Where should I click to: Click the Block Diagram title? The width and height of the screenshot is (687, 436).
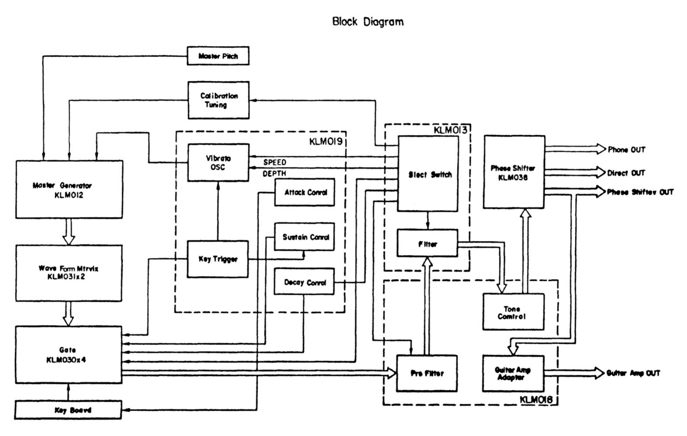368,22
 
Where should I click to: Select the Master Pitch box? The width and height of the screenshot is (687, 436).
218,56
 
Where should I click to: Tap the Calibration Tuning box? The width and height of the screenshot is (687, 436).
218,100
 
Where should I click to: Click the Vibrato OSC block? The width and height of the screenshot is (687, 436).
218,163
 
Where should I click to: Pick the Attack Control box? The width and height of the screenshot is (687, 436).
305,192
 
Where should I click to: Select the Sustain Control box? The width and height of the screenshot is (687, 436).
305,237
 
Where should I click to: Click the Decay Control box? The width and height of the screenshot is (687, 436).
304,282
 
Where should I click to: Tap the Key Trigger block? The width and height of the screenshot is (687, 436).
217,259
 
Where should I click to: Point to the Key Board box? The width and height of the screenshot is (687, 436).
68,410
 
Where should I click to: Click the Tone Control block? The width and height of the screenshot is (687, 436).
513,312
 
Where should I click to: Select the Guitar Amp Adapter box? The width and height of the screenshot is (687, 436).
513,373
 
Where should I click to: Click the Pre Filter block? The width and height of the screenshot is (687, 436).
427,373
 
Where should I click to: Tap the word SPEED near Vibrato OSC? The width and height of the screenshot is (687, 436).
275,162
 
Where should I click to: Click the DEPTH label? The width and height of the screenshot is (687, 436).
274,174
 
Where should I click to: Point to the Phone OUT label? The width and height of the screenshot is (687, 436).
626,150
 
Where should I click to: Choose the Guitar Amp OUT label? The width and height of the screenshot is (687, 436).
633,373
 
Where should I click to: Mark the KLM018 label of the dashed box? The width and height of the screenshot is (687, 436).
536,399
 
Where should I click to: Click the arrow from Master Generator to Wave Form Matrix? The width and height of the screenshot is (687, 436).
69,232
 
